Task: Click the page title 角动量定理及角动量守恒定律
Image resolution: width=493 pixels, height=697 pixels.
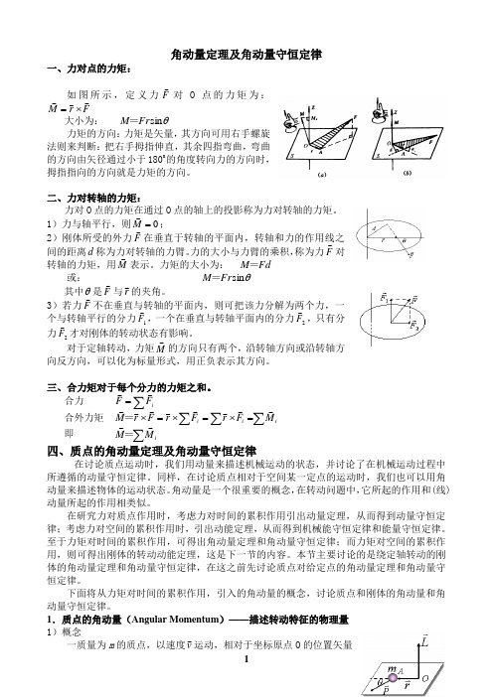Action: pos(246,54)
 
